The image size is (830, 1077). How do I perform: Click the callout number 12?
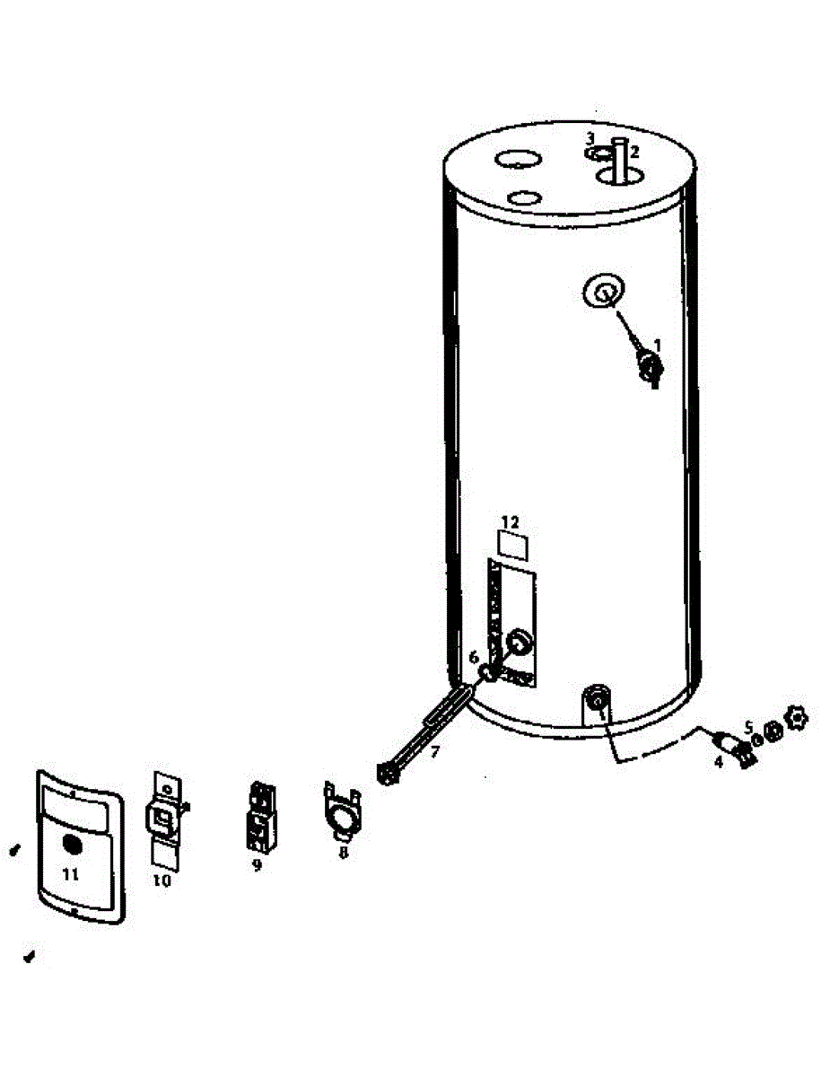510,521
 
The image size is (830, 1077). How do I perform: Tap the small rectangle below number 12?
512,545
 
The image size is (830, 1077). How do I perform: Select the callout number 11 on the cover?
72,872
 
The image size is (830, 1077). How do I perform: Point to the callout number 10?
161,880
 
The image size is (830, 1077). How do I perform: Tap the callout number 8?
343,853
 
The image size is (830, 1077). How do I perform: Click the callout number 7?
434,752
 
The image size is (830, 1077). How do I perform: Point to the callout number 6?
474,657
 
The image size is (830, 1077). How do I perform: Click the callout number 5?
748,726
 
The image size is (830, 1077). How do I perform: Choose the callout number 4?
718,761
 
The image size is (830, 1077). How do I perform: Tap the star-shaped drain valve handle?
796,717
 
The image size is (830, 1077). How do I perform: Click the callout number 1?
658,344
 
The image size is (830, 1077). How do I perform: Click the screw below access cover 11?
30,957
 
